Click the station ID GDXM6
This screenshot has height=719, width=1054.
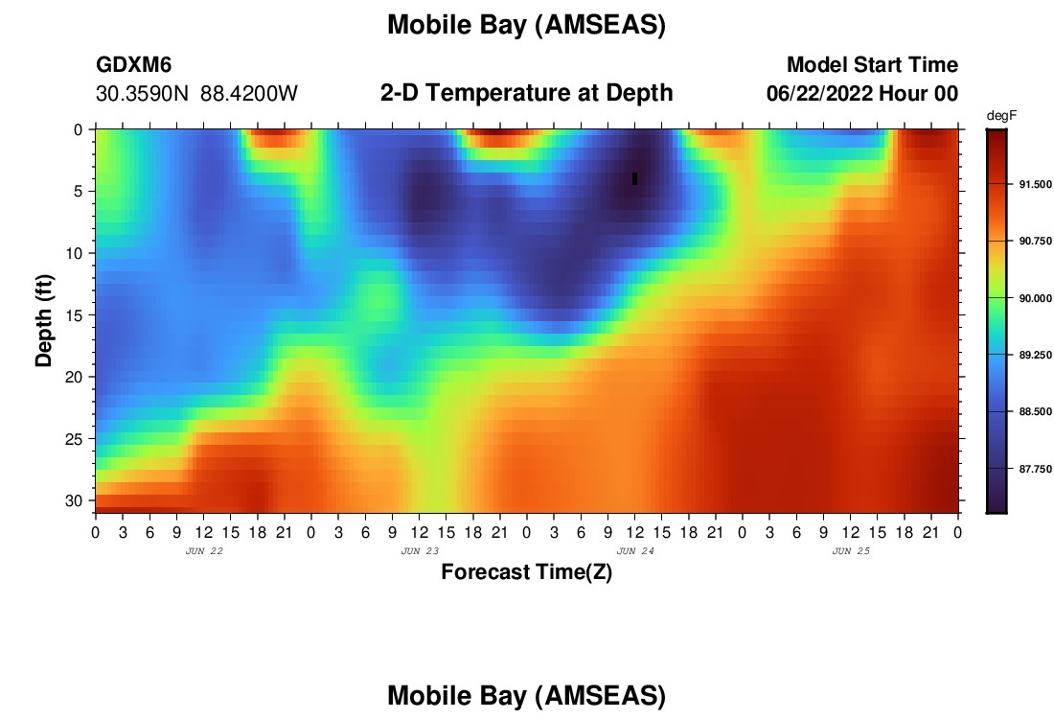(x=134, y=64)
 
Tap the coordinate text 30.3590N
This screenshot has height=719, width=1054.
(x=142, y=94)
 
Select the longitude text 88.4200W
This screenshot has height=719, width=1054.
(x=249, y=94)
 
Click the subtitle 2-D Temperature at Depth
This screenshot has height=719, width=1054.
(x=526, y=93)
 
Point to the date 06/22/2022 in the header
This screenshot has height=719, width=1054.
(x=819, y=94)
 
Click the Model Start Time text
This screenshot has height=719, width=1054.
(x=873, y=64)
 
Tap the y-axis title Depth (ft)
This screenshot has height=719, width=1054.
(x=44, y=320)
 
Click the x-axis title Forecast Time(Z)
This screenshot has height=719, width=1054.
(x=526, y=572)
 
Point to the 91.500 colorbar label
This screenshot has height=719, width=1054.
(x=1035, y=184)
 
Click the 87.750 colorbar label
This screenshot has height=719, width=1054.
(x=1035, y=469)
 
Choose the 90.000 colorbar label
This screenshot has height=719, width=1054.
(x=1035, y=299)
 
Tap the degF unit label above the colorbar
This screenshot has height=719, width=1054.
(x=1001, y=116)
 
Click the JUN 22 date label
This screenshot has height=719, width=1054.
(x=204, y=551)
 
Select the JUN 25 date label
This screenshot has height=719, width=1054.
(x=851, y=551)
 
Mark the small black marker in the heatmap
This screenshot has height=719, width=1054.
(x=634, y=179)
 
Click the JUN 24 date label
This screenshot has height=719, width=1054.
(x=635, y=551)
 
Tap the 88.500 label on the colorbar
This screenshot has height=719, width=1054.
(x=1035, y=411)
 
